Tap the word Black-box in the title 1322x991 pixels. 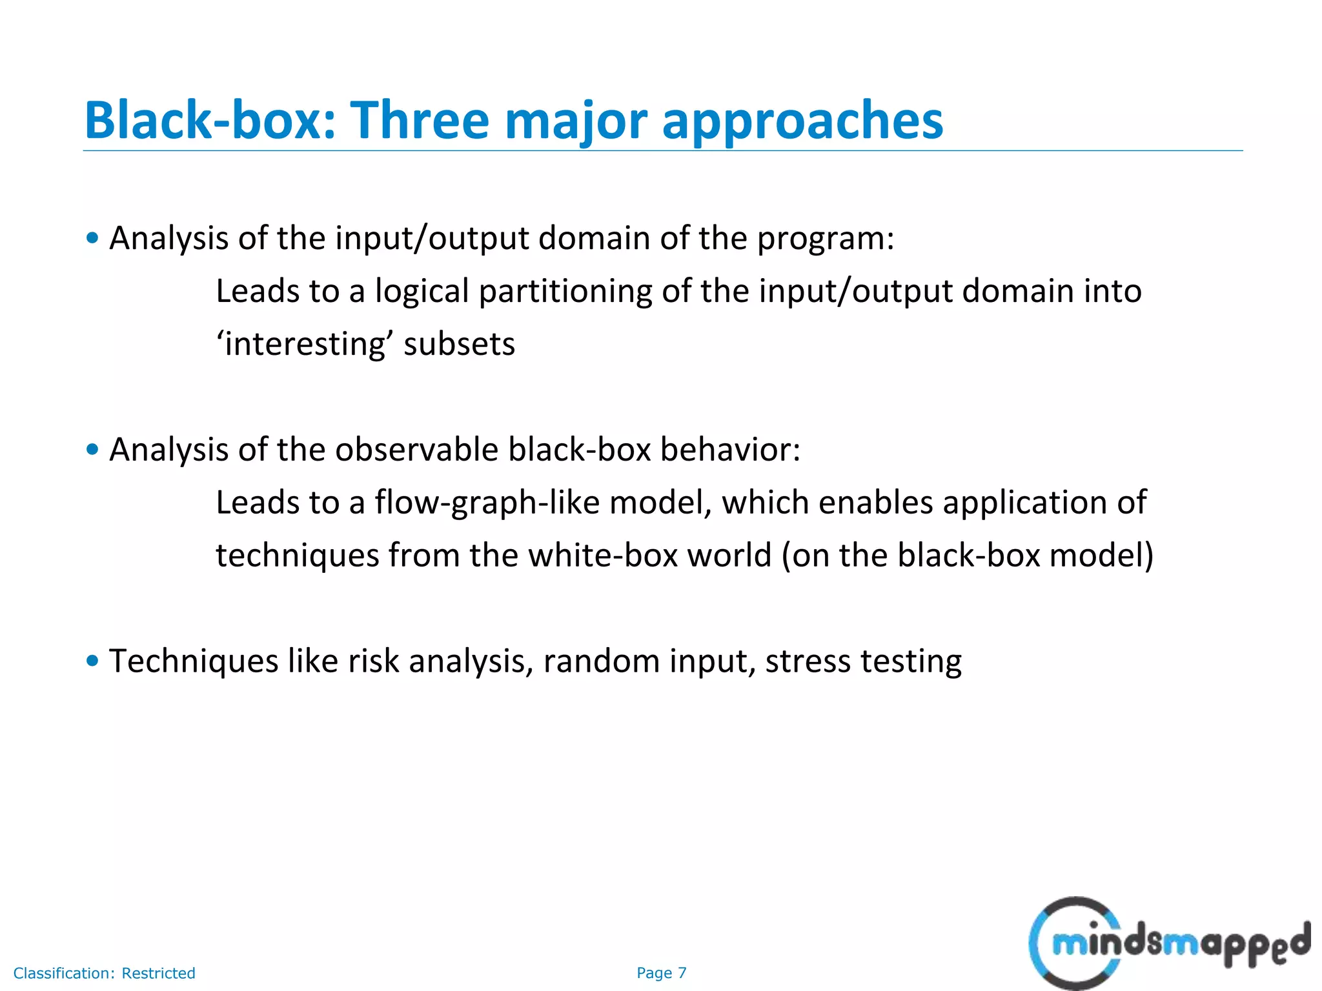coord(210,121)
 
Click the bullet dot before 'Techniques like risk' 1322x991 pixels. coord(92,661)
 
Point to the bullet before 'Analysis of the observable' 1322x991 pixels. coord(92,449)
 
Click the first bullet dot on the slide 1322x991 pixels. coord(92,238)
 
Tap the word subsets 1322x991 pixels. coord(459,344)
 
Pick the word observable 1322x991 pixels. coord(416,449)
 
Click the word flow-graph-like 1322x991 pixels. coord(487,503)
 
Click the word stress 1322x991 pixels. coord(808,661)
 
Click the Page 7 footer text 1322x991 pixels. coord(661,973)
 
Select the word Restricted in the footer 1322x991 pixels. coord(158,973)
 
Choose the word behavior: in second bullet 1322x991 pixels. coord(730,449)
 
